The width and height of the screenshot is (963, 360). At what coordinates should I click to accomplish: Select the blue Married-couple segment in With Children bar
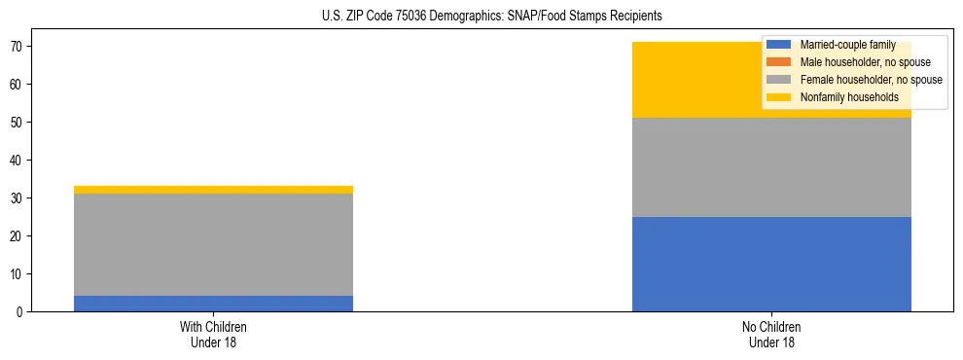click(x=213, y=304)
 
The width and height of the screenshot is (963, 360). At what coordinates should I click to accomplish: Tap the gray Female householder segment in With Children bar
click(x=213, y=244)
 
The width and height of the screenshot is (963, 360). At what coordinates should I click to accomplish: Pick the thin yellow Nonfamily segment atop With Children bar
click(x=213, y=190)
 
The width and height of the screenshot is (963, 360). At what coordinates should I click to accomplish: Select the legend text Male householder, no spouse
click(x=865, y=62)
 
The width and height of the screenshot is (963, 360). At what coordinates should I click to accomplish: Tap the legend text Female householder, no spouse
click(x=871, y=80)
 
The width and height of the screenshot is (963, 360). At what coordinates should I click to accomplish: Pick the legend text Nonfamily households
click(x=849, y=97)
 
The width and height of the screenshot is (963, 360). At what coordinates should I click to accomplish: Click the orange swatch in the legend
click(x=779, y=62)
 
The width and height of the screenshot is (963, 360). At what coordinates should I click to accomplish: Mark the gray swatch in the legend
click(x=779, y=80)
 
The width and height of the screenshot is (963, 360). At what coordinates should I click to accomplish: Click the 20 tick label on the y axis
click(x=22, y=236)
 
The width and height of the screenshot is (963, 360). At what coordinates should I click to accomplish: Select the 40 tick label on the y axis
click(x=22, y=161)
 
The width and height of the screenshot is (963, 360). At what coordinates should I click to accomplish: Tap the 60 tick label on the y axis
click(x=22, y=85)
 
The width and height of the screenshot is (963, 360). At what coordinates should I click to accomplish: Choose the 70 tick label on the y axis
click(x=22, y=47)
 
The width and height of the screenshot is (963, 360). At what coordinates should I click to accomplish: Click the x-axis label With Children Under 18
click(x=213, y=334)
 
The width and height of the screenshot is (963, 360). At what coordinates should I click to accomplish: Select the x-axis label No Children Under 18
click(x=771, y=334)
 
